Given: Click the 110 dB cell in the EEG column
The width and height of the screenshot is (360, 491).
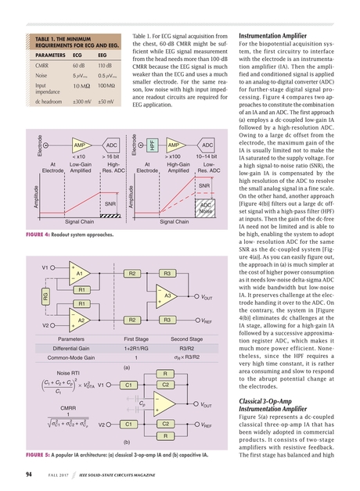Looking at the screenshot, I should [103, 67].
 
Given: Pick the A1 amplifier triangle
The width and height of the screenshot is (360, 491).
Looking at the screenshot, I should [78, 274].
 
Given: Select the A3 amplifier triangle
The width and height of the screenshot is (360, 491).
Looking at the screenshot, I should [166, 296].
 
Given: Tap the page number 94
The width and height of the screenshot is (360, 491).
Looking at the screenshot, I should [27, 473].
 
